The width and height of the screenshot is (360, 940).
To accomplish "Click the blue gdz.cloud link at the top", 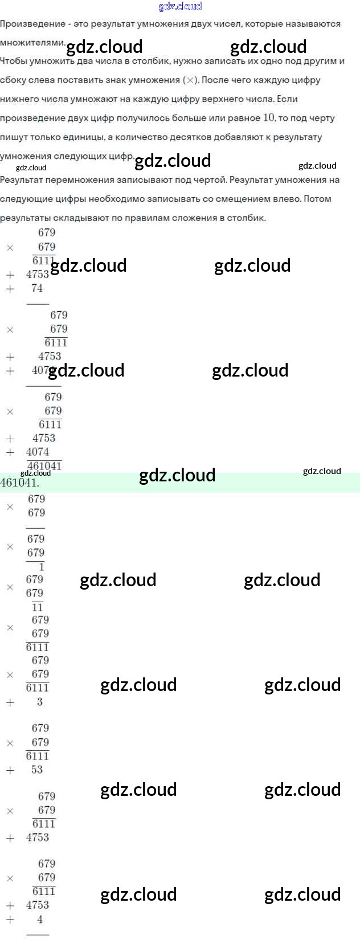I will [180, 7].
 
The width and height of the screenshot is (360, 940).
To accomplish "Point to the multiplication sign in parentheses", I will [190, 80].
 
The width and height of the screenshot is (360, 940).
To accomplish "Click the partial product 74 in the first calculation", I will [37, 288].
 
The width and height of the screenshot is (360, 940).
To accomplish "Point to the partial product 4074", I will [38, 452].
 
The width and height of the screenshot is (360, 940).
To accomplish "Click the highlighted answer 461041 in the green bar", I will [19, 483].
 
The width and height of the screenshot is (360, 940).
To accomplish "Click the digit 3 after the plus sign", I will [40, 702].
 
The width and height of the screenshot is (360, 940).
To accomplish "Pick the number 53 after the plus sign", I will [37, 770].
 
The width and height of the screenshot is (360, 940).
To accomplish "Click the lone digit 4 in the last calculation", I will [40, 919].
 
